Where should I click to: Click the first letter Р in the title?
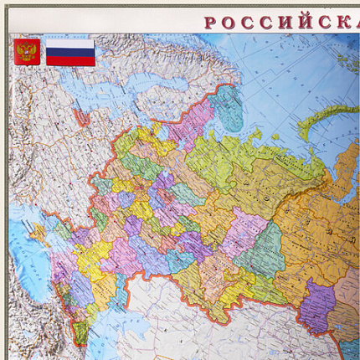[211, 22]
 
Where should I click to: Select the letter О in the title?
[233, 22]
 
